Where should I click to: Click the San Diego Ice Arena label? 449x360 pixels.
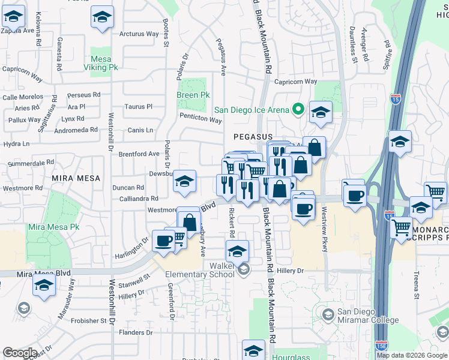252,110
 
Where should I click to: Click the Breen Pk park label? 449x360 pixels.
193,95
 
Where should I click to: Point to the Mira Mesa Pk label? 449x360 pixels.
53,227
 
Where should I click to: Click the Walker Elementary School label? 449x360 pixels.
204,269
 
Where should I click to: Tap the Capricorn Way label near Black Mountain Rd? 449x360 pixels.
295,82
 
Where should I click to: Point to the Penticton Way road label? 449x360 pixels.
200,119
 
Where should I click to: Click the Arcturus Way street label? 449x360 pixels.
139,34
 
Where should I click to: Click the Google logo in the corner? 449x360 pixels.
20,353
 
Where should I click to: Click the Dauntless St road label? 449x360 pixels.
354,45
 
